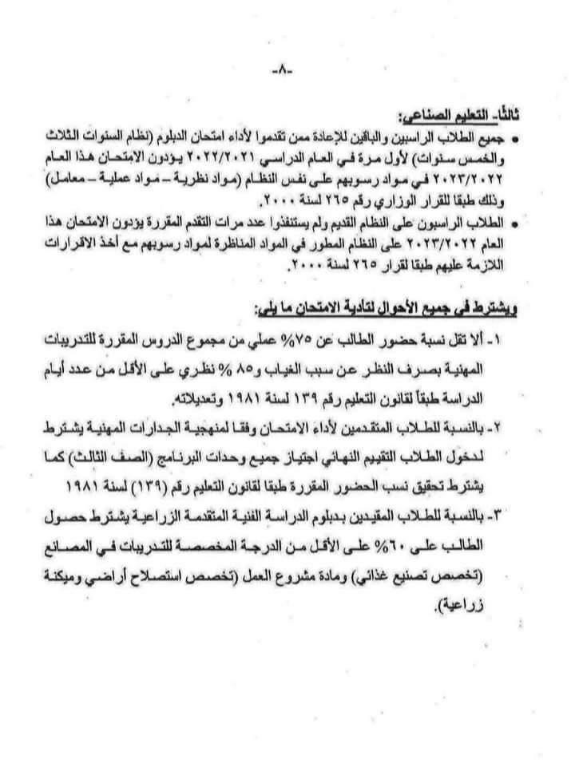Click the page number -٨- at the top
pos(283,70)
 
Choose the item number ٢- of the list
pos(505,426)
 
